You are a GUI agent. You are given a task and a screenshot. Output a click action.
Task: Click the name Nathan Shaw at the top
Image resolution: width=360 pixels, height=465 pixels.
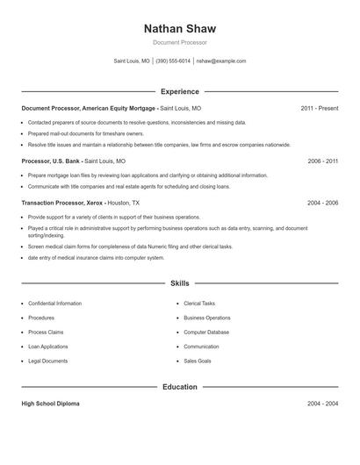(179, 28)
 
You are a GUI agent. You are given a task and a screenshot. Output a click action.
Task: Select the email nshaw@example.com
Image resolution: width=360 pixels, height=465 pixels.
(221, 61)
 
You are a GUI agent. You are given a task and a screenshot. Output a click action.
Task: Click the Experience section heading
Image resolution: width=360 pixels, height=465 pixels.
(180, 91)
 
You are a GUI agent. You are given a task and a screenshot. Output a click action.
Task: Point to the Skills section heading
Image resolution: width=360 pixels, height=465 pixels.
(179, 283)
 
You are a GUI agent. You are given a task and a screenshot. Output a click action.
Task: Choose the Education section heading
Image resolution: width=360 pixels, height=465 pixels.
(179, 387)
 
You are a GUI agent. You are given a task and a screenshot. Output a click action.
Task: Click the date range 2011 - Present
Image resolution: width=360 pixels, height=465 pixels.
(319, 108)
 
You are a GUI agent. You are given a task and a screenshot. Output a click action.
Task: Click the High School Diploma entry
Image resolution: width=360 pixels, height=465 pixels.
(51, 404)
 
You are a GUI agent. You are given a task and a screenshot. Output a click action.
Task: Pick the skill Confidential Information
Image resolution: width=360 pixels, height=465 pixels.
(55, 304)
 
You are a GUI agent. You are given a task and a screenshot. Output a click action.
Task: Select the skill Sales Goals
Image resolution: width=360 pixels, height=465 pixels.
(198, 361)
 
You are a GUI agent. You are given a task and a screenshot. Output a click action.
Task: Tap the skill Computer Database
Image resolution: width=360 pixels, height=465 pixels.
(206, 333)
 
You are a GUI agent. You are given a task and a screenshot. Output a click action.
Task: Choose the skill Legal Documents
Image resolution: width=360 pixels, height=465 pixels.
(48, 361)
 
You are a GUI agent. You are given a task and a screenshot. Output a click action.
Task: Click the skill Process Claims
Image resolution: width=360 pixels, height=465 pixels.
(47, 333)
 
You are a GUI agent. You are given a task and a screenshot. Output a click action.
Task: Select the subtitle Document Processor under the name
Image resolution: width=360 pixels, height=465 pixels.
(179, 42)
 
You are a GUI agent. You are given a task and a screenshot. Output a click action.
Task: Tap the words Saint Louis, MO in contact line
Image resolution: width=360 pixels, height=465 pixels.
(132, 61)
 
